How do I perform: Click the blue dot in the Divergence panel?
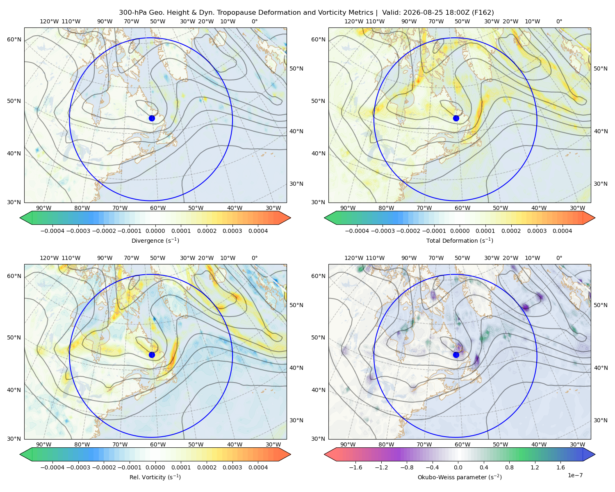[152, 118]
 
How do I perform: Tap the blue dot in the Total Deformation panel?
[456, 118]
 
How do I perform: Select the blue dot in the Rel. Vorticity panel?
[152, 355]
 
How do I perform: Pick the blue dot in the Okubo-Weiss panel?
[456, 355]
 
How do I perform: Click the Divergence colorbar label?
[155, 240]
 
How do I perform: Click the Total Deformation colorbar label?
[460, 240]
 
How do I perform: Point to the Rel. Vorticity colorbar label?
[155, 477]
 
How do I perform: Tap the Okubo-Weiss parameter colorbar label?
[460, 477]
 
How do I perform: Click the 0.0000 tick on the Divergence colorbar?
[155, 231]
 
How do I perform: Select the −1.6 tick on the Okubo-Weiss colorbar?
[355, 467]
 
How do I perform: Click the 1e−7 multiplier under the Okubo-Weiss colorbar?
[575, 475]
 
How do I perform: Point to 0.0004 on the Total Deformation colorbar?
[563, 231]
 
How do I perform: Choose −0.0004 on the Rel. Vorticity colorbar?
[52, 467]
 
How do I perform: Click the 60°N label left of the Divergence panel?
[14, 39]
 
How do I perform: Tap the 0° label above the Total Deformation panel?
[559, 21]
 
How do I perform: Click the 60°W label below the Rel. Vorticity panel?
[158, 444]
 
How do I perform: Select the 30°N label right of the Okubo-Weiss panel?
[601, 420]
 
